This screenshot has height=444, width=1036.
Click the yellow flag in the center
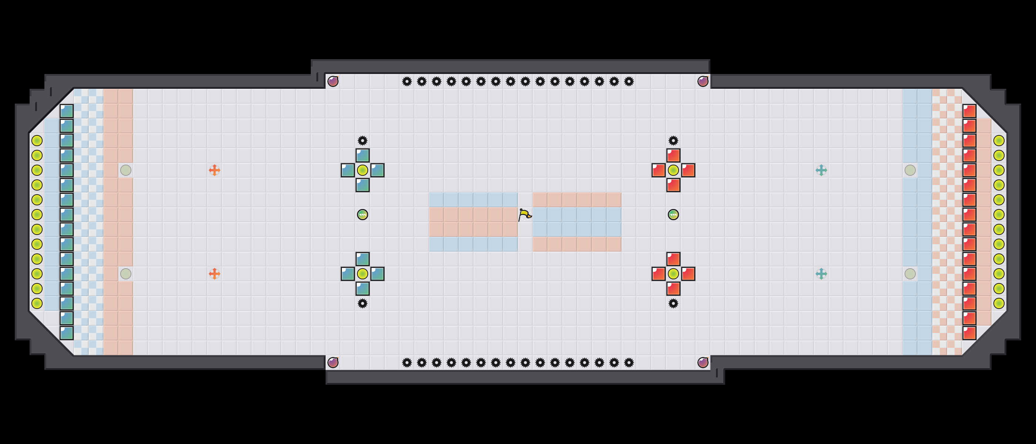pos(524,215)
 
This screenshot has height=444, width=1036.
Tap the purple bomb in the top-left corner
pos(333,82)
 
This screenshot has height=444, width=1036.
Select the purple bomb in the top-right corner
pos(703,82)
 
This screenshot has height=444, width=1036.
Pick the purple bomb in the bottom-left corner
pos(333,363)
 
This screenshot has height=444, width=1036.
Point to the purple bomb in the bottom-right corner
pos(703,363)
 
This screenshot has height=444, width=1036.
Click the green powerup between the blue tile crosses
pos(362,215)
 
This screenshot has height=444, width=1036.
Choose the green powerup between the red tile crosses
pos(673,215)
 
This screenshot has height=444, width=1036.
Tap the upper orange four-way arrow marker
pos(214,170)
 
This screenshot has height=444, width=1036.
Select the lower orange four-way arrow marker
pos(214,274)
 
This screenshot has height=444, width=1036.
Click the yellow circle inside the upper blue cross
pos(362,170)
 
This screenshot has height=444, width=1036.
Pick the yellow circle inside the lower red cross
pos(673,274)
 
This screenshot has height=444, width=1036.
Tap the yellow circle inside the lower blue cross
pos(362,274)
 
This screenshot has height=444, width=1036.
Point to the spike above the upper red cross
pos(673,141)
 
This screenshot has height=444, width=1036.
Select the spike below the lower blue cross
pos(362,303)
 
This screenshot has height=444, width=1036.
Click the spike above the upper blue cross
pos(362,141)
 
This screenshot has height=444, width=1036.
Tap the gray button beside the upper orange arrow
pos(125,170)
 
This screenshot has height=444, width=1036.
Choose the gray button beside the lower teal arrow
pos(910,274)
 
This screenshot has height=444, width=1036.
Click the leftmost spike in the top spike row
pos(407,82)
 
